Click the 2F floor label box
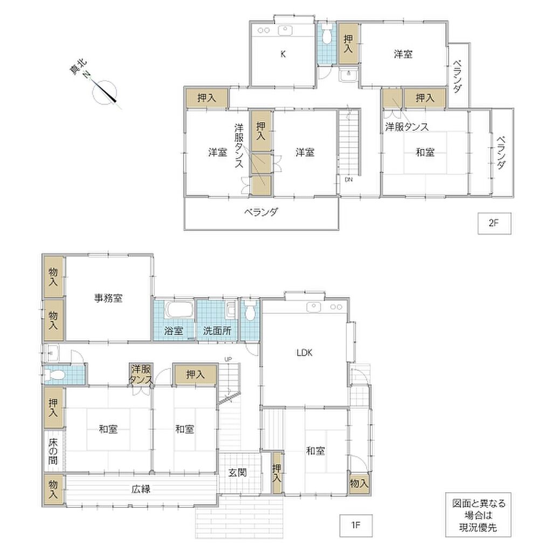494,223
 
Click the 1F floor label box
356,526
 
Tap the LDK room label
305,353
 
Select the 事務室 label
108,298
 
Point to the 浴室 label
174,331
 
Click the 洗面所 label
217,331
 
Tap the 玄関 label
238,473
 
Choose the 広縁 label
141,489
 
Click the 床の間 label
53,451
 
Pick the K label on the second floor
283,54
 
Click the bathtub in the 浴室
180,310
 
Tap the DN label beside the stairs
349,180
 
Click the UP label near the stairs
228,360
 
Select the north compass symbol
104,92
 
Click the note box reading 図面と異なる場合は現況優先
478,514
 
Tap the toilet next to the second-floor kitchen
327,34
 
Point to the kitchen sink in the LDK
314,307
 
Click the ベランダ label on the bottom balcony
261,212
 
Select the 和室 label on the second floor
425,153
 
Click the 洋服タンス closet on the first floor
141,374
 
